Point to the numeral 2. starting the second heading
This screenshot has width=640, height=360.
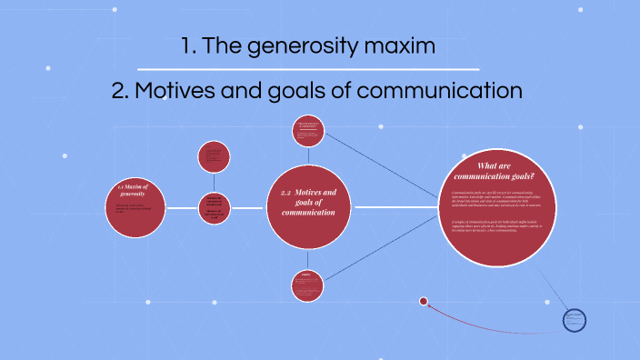tap(121, 92)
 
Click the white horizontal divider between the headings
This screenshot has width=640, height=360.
tap(308, 69)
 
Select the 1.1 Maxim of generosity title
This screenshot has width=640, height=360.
tap(133, 191)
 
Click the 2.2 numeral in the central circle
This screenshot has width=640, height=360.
tap(286, 193)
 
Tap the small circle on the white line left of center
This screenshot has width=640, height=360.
tap(215, 207)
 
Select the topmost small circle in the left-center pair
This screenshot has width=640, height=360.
tap(215, 155)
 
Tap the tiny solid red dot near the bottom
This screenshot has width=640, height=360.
tap(423, 301)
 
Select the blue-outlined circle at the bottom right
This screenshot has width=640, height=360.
tap(574, 319)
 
